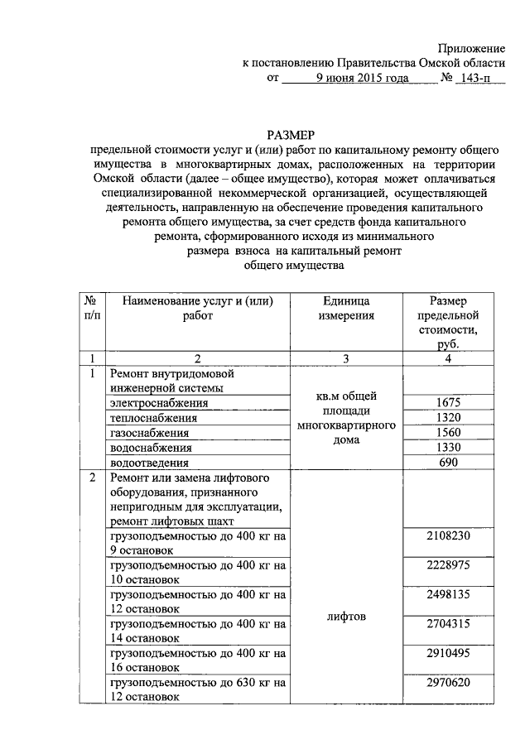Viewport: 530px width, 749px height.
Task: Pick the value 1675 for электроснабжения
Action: (448, 402)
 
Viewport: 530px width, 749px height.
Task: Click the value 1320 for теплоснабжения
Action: (448, 417)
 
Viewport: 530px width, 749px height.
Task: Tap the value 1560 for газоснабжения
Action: (448, 433)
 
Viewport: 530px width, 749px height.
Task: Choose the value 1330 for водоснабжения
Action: (448, 448)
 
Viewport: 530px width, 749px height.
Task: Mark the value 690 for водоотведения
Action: (448, 463)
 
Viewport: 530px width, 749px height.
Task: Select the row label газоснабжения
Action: (149, 433)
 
